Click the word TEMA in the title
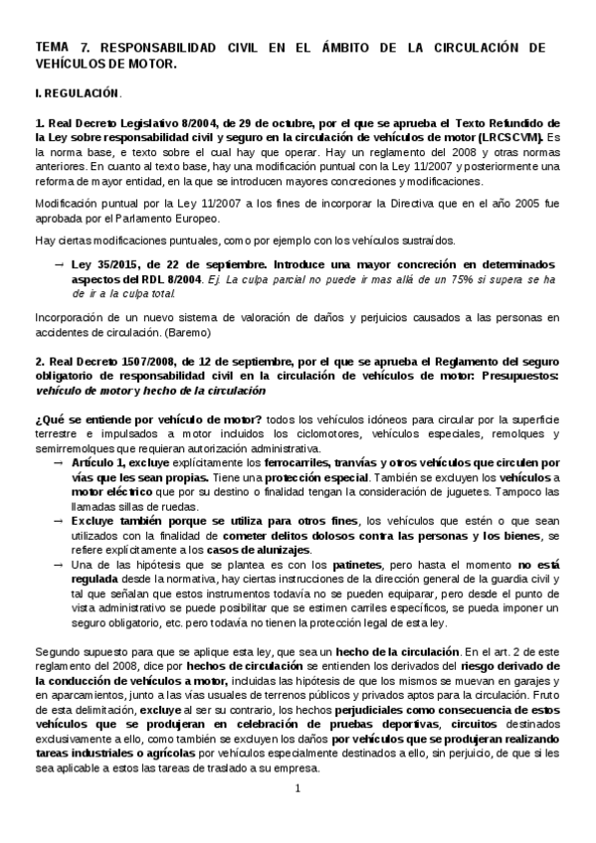pos(51,47)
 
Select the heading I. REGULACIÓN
pos(77,94)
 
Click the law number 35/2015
pos(112,263)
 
